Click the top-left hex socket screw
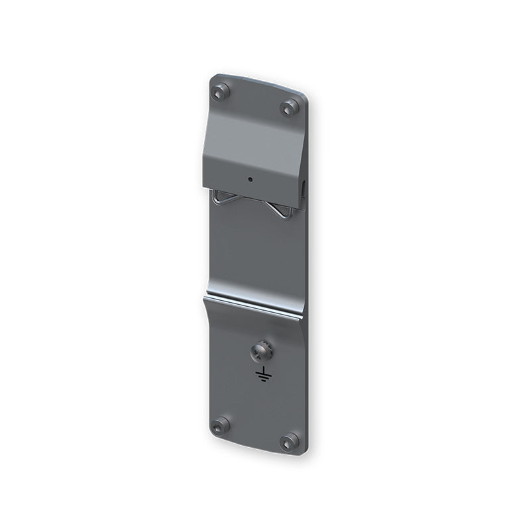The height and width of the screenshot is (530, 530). click(x=220, y=91)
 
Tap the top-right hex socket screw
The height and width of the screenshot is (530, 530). click(x=290, y=107)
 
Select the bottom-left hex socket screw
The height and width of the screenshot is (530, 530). click(x=220, y=425)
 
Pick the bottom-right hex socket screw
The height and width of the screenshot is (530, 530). click(x=290, y=442)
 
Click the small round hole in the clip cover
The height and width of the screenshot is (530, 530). click(x=250, y=179)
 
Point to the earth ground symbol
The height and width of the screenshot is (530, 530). click(x=263, y=375)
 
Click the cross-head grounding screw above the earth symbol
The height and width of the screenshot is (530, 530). click(x=262, y=352)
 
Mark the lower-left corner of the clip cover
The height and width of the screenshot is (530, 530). click(x=203, y=187)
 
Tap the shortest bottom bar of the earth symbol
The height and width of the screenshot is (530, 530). click(x=263, y=380)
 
